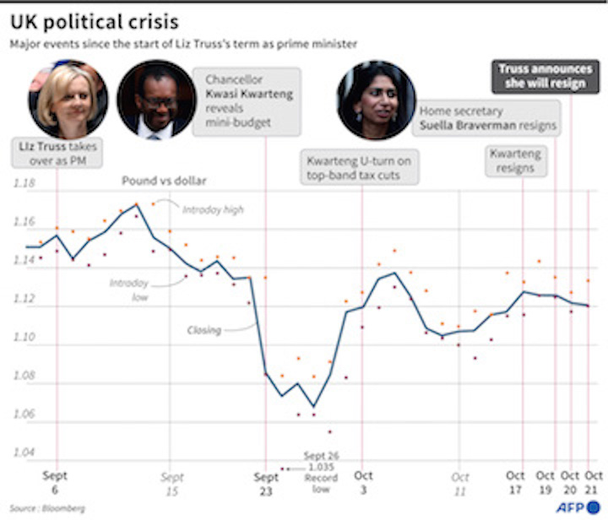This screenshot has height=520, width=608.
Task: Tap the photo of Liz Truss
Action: [68, 100]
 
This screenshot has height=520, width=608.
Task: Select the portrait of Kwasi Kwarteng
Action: [156, 100]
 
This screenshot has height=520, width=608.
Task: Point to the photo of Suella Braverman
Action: [376, 100]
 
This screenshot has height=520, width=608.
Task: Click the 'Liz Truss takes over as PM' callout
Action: [58, 153]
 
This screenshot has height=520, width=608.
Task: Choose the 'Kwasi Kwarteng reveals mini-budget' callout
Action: [249, 101]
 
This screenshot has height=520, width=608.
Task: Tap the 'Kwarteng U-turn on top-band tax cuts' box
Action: [360, 167]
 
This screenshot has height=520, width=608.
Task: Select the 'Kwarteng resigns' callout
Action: [515, 160]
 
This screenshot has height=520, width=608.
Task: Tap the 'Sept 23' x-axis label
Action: [266, 483]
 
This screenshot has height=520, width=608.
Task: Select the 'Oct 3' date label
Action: [363, 483]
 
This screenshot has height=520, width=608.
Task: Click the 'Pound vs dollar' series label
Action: [164, 180]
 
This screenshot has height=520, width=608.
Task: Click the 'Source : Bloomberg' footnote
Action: [38, 509]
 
